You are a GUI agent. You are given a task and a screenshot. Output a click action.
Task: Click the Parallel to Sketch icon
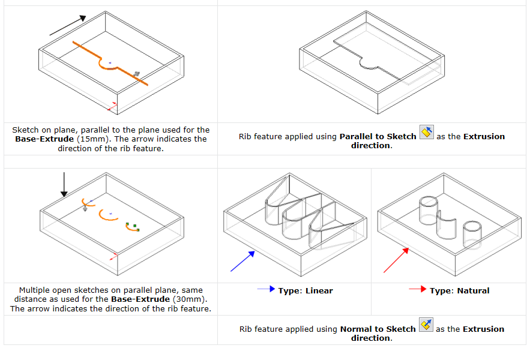click(426, 133)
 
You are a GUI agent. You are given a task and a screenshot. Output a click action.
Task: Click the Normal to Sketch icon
click(426, 325)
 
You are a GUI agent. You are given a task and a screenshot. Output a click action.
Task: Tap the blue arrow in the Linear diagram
click(243, 261)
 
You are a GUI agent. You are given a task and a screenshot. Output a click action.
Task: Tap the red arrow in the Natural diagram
click(397, 261)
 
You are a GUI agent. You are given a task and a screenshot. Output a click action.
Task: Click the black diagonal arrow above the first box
click(67, 26)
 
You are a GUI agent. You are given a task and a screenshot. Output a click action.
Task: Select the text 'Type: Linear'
click(305, 291)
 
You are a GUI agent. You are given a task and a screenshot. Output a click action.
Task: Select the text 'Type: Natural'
click(459, 291)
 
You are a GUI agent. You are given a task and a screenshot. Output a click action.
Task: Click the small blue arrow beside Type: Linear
click(267, 290)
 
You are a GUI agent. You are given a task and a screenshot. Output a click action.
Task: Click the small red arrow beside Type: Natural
click(418, 290)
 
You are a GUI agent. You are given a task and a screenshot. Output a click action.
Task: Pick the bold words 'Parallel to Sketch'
click(378, 136)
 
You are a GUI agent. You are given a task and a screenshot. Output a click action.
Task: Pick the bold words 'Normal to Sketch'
click(378, 329)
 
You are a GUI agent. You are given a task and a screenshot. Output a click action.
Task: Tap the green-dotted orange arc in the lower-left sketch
click(130, 226)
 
